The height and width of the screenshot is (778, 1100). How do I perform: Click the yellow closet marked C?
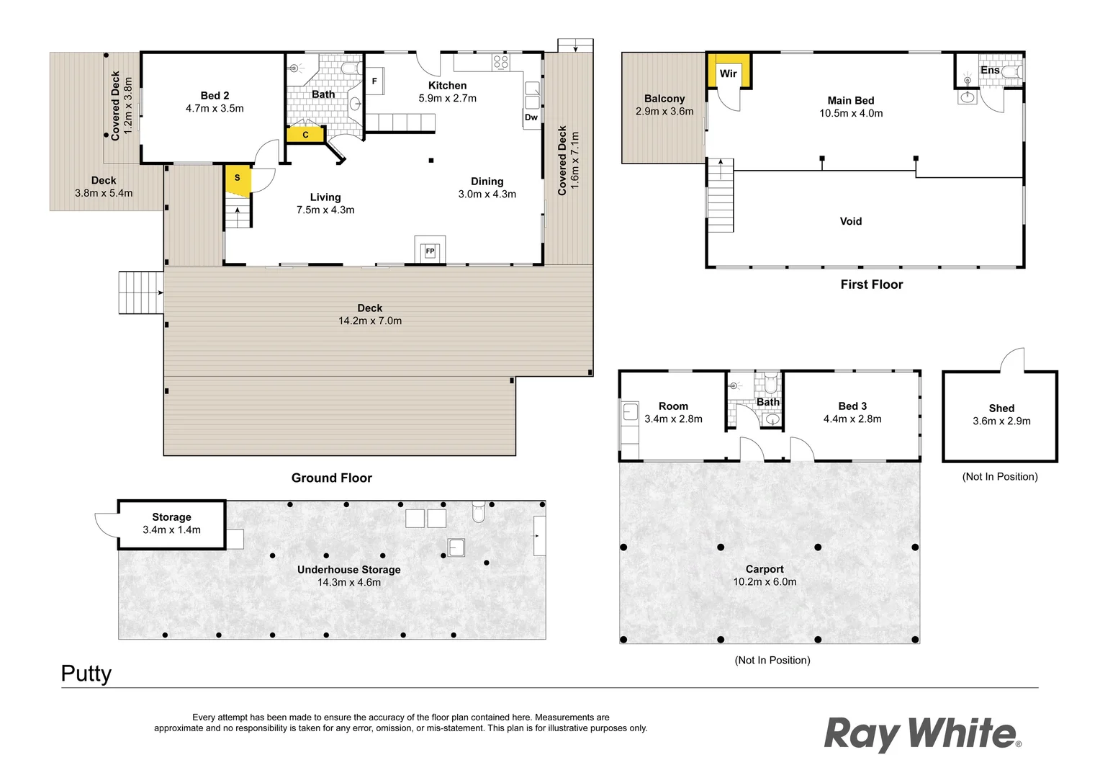pos(305,135)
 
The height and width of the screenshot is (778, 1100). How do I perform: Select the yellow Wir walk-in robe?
pos(729,71)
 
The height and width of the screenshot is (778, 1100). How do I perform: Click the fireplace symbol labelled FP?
pos(430,251)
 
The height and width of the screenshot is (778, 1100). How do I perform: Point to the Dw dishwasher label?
pos(531,117)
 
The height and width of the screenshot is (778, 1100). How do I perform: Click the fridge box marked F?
pos(374,81)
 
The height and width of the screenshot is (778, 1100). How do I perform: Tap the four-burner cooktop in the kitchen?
pos(500,62)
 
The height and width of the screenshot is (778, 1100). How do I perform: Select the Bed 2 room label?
pos(215,96)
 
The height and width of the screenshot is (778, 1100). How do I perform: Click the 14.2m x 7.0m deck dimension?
pos(370,321)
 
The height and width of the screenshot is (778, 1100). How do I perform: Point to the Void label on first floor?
pos(850,221)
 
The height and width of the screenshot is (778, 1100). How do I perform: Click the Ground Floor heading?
pos(331,478)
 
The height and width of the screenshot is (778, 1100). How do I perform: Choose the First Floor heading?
pos(871,285)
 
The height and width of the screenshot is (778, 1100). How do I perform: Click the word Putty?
pos(86,674)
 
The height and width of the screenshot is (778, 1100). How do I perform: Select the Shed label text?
pos(1001,408)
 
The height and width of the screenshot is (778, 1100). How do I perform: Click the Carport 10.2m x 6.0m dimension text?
pos(765,581)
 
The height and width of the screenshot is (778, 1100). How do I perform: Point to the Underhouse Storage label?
pos(348,569)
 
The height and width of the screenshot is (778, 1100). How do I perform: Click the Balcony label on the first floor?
pos(664,99)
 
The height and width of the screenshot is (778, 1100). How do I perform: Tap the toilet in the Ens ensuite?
pos(1012,72)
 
